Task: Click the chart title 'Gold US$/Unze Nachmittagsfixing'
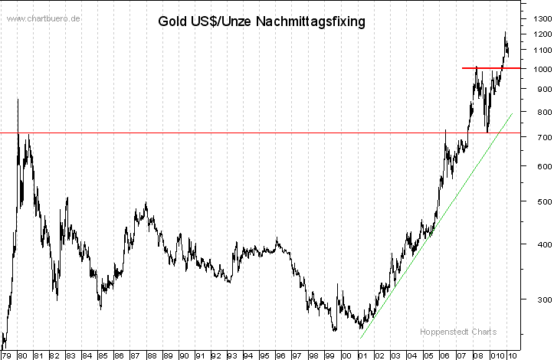[261, 21]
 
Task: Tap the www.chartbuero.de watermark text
[44, 18]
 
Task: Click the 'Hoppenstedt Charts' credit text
[457, 332]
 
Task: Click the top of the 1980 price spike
[18, 100]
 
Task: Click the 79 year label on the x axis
[6, 355]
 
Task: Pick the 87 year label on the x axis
[136, 355]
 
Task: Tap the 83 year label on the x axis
[70, 355]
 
